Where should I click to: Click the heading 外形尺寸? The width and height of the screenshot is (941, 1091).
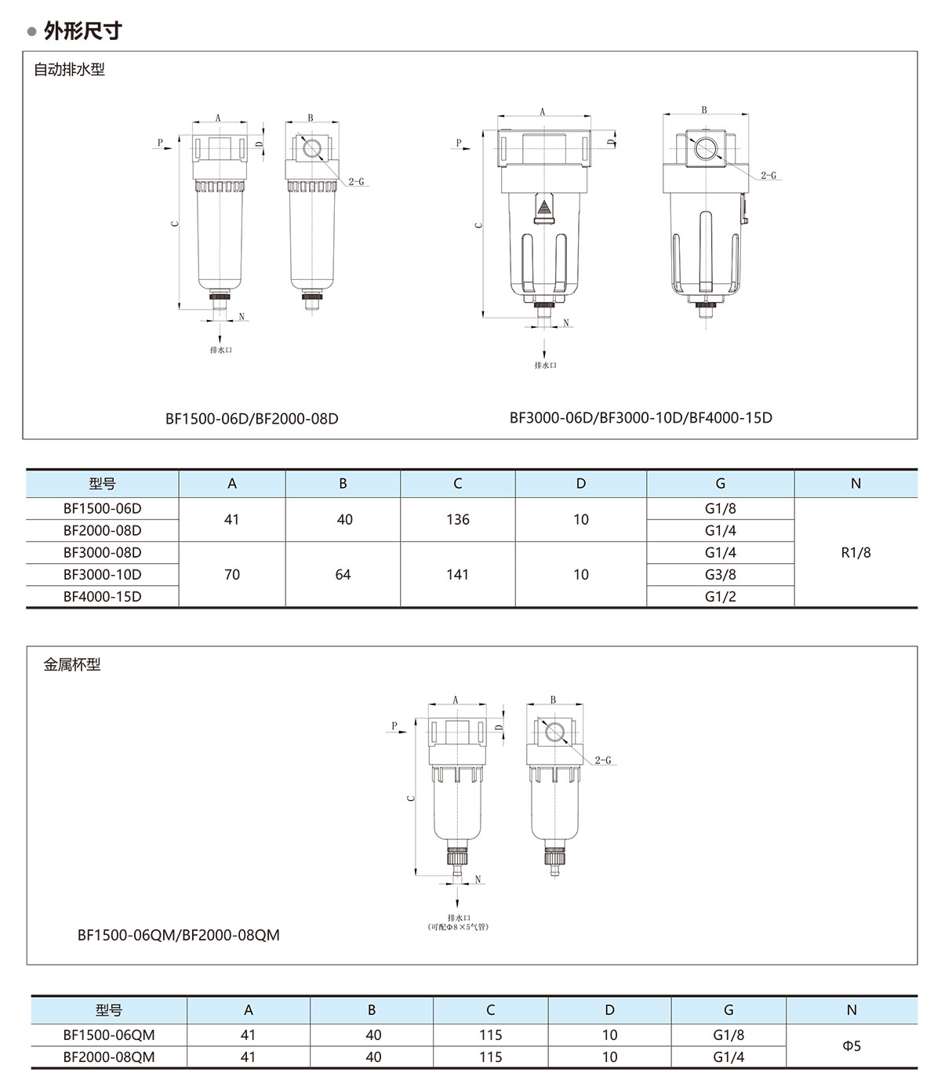(83, 31)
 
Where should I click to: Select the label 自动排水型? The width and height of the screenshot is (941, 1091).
(69, 69)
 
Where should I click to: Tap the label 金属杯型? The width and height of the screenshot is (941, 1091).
(72, 664)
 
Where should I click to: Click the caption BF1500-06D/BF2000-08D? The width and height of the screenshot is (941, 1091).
(252, 419)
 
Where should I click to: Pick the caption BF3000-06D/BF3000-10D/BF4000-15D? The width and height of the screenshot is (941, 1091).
(641, 417)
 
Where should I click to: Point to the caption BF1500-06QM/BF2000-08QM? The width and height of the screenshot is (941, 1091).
(178, 935)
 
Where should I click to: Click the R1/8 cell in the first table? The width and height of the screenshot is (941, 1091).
(856, 552)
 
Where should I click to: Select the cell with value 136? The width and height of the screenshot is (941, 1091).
(458, 519)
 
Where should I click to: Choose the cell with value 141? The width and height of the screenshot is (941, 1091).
(457, 574)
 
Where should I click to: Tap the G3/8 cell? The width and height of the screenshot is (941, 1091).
(720, 574)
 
